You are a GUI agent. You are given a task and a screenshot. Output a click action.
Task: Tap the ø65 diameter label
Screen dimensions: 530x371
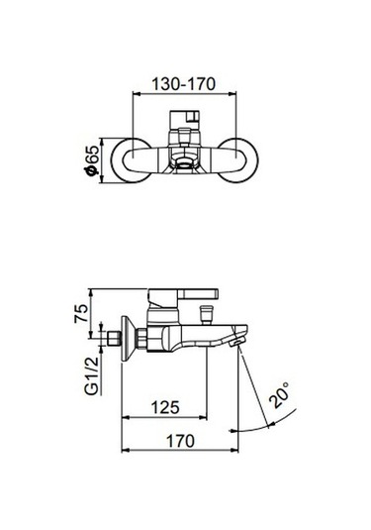(x=92, y=158)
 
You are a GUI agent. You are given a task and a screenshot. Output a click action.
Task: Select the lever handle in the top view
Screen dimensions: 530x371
(x=185, y=126)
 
